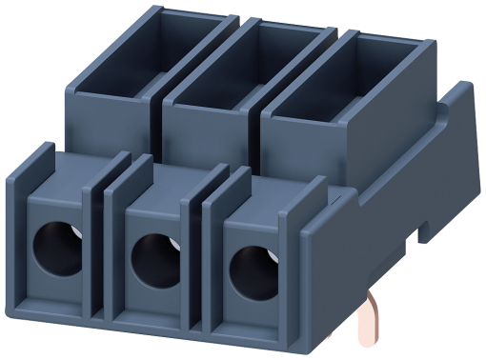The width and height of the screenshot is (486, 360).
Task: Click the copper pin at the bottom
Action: click(367, 329)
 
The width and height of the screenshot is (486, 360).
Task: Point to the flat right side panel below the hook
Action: click(419, 229)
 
